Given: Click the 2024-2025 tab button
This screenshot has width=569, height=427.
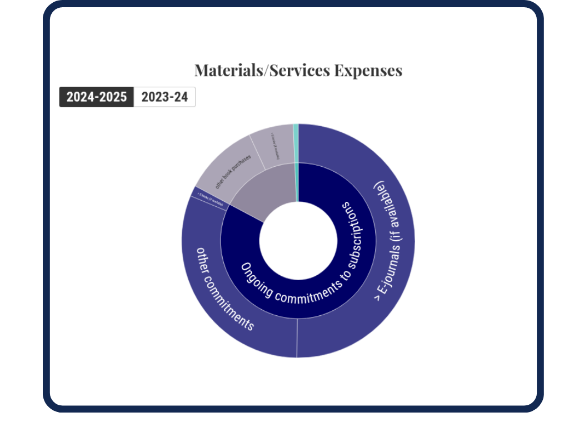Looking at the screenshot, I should coord(97,97).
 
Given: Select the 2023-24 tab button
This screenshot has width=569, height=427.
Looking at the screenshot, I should coord(164,97).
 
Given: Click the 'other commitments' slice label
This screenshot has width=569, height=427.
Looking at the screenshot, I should coord(225,289).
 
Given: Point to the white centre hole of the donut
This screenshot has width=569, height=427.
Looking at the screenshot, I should coord(298,240).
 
